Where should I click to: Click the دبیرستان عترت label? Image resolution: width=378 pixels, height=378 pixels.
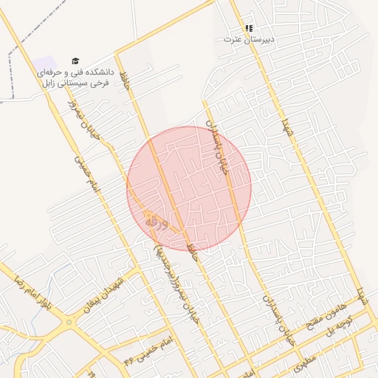click(249, 38)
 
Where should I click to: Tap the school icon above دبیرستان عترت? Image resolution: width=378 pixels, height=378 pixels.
click(249, 28)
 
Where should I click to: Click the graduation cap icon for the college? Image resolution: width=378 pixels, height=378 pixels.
click(75, 61)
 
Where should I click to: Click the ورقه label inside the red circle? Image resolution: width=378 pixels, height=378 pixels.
click(157, 220)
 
